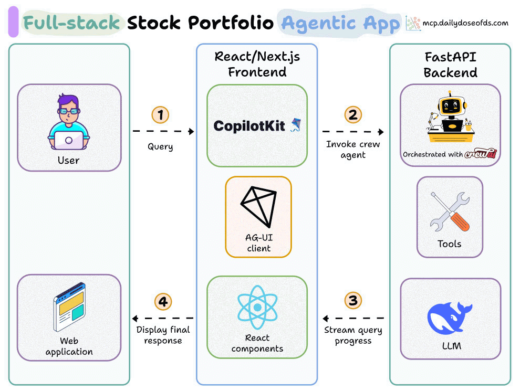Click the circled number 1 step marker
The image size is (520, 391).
tap(160, 114)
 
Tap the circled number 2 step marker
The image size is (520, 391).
tap(352, 114)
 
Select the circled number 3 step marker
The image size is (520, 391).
tap(352, 301)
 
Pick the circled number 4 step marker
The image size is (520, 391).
tap(163, 301)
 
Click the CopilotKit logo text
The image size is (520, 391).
tap(249, 125)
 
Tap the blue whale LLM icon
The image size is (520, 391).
tap(450, 318)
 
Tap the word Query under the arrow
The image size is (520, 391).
tap(160, 146)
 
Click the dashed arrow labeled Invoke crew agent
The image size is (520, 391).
tap(352, 132)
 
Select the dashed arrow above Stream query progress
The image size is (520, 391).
tap(353, 318)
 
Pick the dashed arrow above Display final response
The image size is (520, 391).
tap(163, 318)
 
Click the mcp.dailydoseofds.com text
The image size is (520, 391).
tap(465, 23)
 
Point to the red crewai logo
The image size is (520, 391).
tap(481, 154)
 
